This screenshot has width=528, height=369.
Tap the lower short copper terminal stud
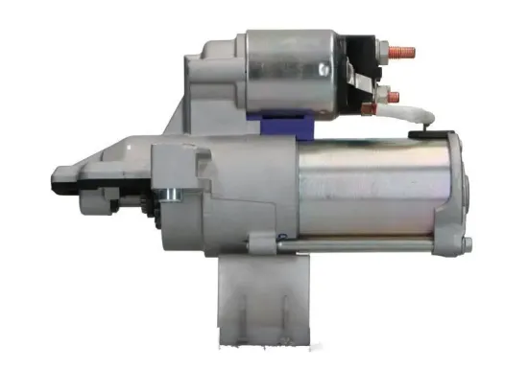tap(393, 93)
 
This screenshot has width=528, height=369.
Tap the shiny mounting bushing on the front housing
tap(168, 197)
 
